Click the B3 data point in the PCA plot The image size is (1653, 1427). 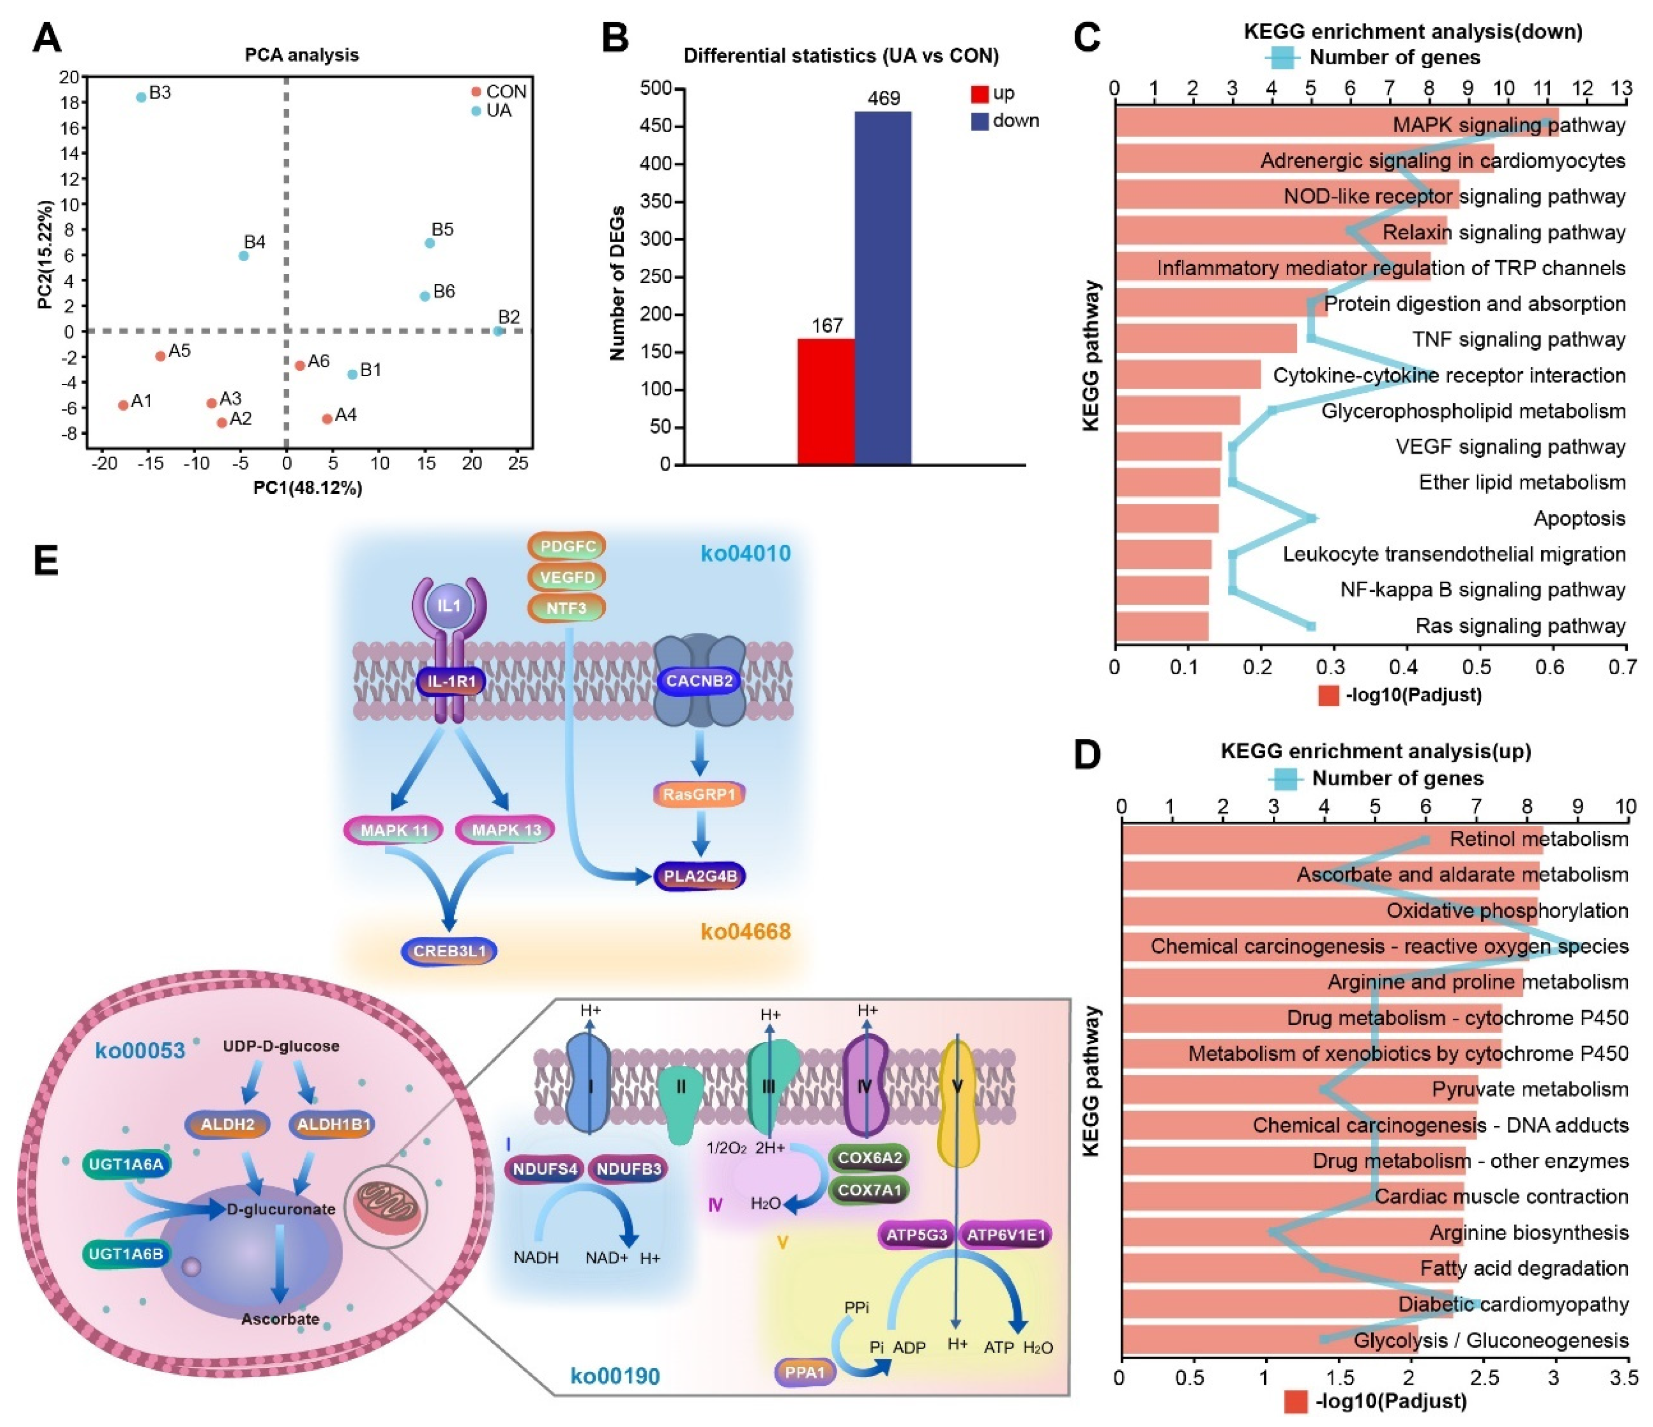[141, 97]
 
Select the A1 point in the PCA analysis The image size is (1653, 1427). [123, 405]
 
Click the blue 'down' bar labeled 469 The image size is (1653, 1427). [883, 287]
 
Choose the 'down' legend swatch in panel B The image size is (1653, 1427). [979, 121]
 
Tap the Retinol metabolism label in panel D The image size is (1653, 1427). [1538, 839]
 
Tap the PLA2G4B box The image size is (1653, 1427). [700, 876]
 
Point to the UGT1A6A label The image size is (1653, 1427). [126, 1165]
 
